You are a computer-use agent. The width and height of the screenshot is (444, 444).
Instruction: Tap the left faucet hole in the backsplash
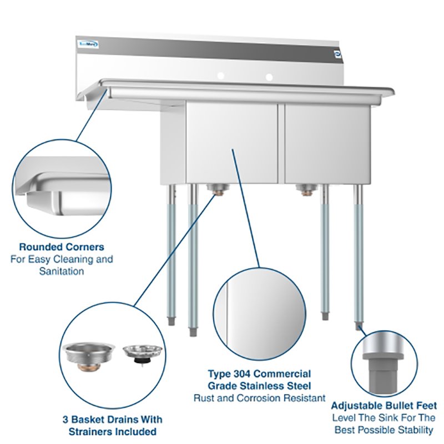(220, 75)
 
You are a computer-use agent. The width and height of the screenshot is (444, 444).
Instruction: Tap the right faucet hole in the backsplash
(269, 76)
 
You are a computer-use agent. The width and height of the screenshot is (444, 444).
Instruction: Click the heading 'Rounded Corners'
(62, 247)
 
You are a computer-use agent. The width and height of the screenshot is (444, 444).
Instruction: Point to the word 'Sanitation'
(62, 271)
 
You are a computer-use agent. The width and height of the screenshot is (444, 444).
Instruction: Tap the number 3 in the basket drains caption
(67, 420)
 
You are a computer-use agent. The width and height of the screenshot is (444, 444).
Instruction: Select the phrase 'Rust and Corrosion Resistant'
(259, 398)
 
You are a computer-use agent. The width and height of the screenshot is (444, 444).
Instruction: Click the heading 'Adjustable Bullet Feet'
(384, 406)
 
